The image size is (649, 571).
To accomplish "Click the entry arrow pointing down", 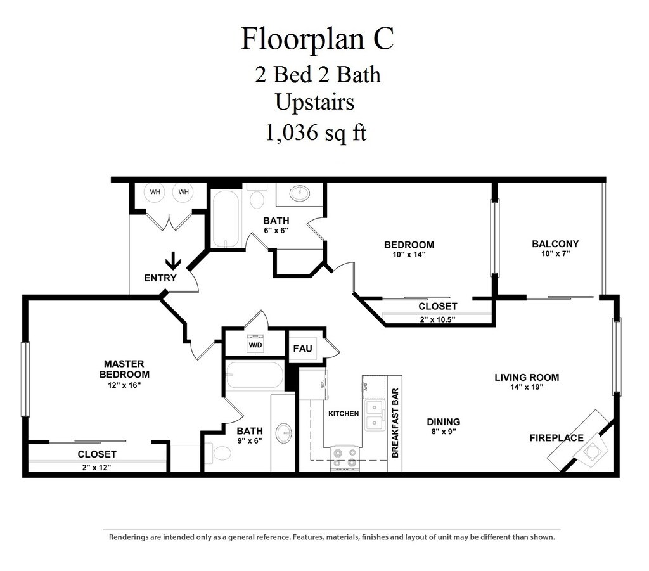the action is (172, 260).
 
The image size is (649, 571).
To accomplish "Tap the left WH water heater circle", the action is (155, 192).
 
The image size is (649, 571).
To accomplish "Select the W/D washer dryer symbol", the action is (255, 343).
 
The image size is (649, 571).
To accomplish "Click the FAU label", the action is (302, 349).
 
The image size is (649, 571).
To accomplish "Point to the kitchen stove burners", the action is (345, 458).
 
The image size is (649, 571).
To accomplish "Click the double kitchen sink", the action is (374, 416).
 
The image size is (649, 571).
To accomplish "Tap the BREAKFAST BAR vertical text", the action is (395, 423).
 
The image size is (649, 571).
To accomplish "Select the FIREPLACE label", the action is (556, 438).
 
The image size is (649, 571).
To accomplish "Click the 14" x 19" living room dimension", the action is (527, 387).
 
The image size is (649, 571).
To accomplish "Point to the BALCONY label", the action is (555, 244).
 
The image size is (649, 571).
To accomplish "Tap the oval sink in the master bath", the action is (283, 433).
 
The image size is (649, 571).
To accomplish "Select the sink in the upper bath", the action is (300, 193).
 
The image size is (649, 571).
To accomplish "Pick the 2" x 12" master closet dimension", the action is (96, 468).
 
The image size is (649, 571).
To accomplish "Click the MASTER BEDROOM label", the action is (124, 369).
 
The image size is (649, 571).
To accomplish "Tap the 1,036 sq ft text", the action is (316, 133).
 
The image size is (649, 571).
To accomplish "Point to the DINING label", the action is (443, 421).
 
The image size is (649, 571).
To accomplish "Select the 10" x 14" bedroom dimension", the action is (409, 255).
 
